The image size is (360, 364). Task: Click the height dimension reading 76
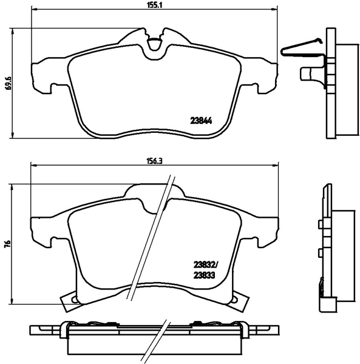coord(7,244)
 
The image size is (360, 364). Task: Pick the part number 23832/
coord(204,264)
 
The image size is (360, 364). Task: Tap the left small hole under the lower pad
coord(74,299)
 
